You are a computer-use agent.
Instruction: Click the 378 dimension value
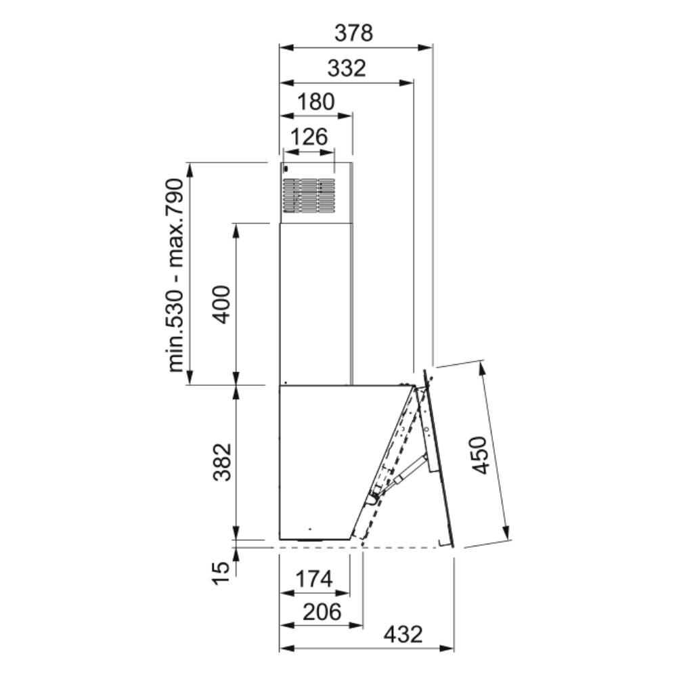coord(353,32)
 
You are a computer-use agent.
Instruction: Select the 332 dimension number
coord(347,68)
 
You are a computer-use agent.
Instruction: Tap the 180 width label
coord(316,102)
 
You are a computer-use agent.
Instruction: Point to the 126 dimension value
coord(309,137)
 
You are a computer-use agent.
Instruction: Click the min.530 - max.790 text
coord(176,275)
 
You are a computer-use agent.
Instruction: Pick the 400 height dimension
coord(223,304)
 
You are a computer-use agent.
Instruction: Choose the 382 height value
coord(223,462)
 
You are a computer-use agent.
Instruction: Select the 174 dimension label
coord(314,579)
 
